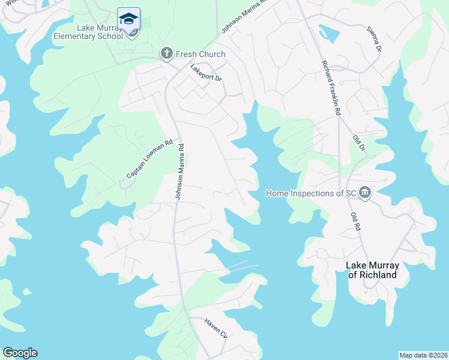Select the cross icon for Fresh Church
[x=167, y=54]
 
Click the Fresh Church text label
[x=200, y=54]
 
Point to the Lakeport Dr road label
[x=206, y=77]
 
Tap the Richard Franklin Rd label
[x=331, y=87]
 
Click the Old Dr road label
[x=359, y=146]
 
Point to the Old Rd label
[x=356, y=220]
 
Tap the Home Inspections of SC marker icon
[x=366, y=193]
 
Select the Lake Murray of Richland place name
[x=372, y=270]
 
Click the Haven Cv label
[x=215, y=329]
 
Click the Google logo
[x=20, y=353]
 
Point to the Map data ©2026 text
[x=423, y=355]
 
